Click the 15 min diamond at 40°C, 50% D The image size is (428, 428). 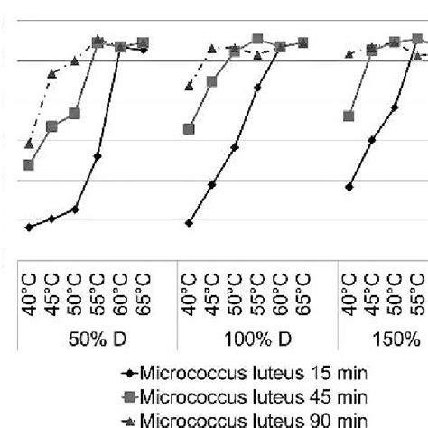tap(29, 228)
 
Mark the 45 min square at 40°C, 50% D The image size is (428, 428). tap(29, 165)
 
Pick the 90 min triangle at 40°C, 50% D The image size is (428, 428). tap(29, 144)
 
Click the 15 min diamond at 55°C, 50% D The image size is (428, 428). tap(98, 156)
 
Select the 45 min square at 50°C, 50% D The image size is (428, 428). tap(75, 113)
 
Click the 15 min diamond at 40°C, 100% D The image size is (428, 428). tap(189, 222)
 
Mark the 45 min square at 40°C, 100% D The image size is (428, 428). tap(189, 129)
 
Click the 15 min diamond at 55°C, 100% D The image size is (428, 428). tap(258, 88)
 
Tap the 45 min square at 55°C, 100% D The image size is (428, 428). tap(258, 39)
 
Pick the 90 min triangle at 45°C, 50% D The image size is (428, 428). tap(52, 72)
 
